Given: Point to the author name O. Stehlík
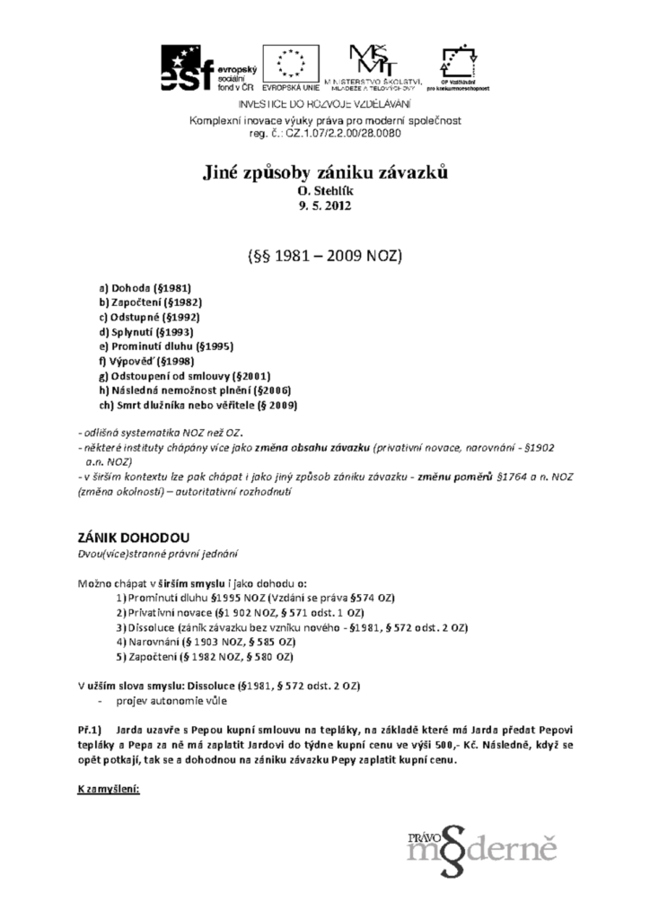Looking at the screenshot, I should pos(324,191).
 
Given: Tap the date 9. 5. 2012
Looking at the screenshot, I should pos(324,206).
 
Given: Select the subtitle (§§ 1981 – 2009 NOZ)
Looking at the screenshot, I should pos(324,256).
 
